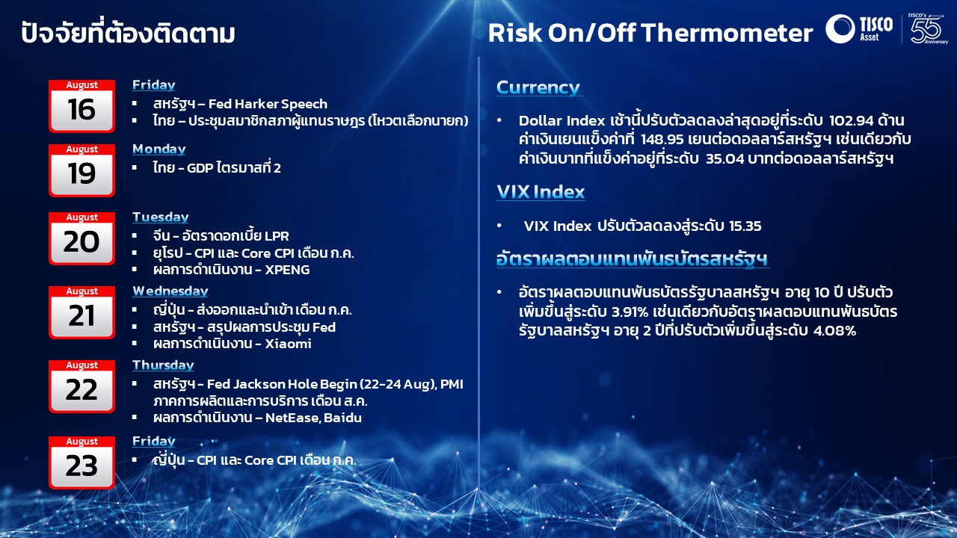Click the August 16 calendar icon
pyautogui.click(x=81, y=106)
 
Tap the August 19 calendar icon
pyautogui.click(x=81, y=170)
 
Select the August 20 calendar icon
pyautogui.click(x=81, y=238)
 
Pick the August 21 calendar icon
pyautogui.click(x=81, y=312)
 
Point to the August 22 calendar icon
pyautogui.click(x=81, y=386)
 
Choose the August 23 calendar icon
pyautogui.click(x=81, y=463)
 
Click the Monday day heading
pyautogui.click(x=159, y=149)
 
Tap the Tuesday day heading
pyautogui.click(x=161, y=217)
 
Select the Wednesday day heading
pyautogui.click(x=170, y=291)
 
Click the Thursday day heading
pyautogui.click(x=163, y=365)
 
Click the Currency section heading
pyautogui.click(x=538, y=87)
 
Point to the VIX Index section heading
pyautogui.click(x=541, y=192)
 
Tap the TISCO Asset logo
pyautogui.click(x=859, y=28)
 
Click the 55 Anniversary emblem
pyautogui.click(x=927, y=28)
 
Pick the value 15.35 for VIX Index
pyautogui.click(x=745, y=226)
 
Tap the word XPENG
pyautogui.click(x=287, y=270)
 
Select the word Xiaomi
pyautogui.click(x=288, y=344)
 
